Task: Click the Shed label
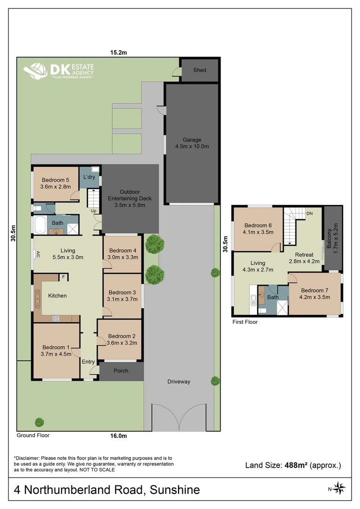click(200, 70)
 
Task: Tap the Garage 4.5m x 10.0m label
click(192, 143)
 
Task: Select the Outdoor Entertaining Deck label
click(130, 198)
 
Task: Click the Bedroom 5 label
click(56, 183)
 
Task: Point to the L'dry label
click(90, 177)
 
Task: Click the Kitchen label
click(57, 296)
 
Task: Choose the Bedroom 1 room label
click(56, 351)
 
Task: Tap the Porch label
click(121, 370)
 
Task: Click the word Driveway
click(179, 381)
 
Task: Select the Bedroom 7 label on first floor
click(315, 294)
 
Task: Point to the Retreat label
click(303, 251)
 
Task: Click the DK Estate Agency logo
click(59, 70)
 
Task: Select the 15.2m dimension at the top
click(119, 52)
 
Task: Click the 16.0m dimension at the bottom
click(119, 436)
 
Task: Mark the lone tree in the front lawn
click(40, 422)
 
